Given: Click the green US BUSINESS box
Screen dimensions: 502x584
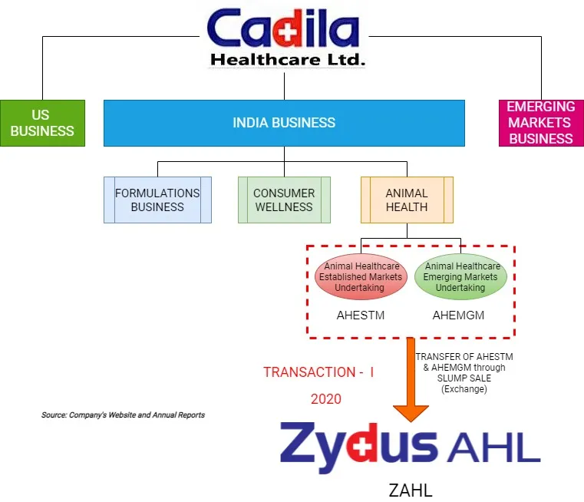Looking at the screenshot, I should (x=41, y=123).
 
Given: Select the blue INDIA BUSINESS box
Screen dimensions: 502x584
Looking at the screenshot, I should (x=284, y=123).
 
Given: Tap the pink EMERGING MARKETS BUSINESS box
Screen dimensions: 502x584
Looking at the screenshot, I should (x=541, y=123).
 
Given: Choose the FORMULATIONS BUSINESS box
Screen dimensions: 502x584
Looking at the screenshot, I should (x=157, y=200).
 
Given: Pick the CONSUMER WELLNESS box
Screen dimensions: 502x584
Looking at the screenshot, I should (x=284, y=200).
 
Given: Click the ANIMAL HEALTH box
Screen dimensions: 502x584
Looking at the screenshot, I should (x=407, y=200).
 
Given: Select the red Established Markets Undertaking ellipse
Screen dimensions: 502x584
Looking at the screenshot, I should (x=361, y=277).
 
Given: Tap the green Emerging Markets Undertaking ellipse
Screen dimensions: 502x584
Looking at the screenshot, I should (x=461, y=277).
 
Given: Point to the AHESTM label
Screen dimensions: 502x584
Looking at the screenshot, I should (x=361, y=316).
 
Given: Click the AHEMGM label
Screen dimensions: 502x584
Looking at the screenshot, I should (x=459, y=316).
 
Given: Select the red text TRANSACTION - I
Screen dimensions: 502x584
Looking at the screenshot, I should (x=318, y=372).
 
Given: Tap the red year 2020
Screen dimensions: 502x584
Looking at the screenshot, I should (x=325, y=399).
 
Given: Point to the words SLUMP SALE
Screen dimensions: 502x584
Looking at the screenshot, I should (x=464, y=378).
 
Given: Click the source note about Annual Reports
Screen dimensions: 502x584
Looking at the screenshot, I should (x=123, y=415).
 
